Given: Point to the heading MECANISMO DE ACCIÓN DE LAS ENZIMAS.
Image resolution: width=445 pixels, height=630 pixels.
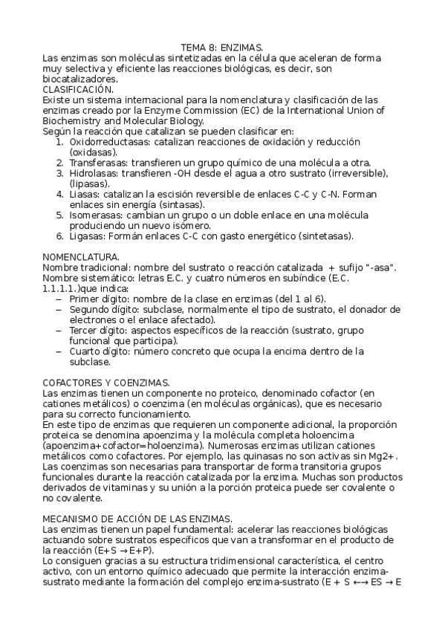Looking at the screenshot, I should [137, 517].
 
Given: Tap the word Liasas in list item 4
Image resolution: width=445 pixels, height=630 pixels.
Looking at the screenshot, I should [84, 194].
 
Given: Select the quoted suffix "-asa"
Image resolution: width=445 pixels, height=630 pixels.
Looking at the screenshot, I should [383, 267].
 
